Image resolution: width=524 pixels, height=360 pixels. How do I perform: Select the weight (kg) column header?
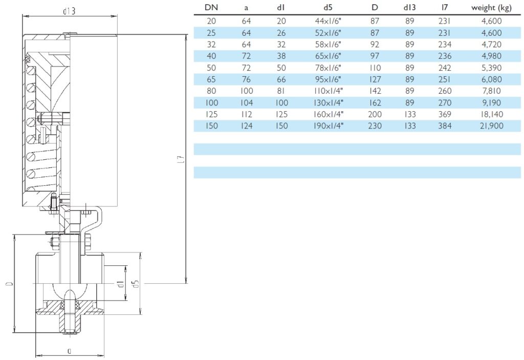(491, 8)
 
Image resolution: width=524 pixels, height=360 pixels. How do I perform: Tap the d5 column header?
(328, 8)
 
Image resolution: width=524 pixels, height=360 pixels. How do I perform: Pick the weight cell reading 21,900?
(491, 126)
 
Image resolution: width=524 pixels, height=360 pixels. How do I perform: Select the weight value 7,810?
(491, 91)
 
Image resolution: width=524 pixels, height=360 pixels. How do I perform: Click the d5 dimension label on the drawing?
(136, 283)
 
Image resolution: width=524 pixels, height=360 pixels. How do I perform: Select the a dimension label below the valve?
(69, 350)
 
